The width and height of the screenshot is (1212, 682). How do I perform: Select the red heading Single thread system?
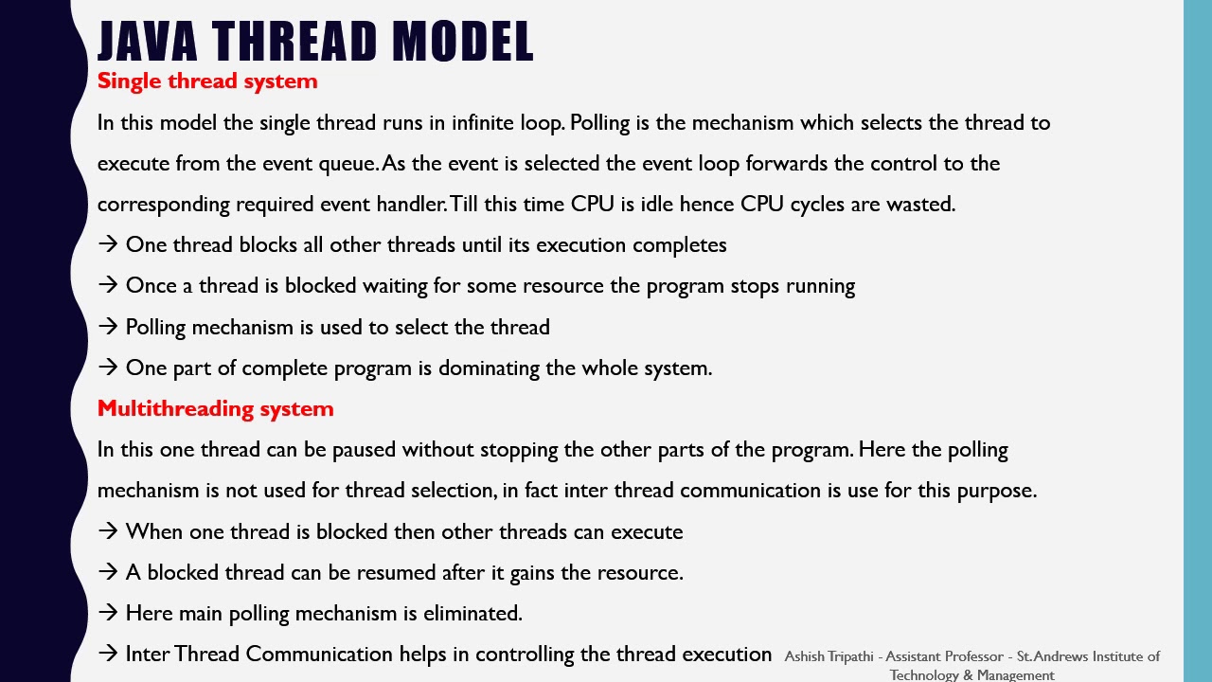point(207,81)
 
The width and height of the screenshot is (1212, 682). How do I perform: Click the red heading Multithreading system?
point(215,408)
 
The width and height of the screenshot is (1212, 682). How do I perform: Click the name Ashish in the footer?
point(804,656)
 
